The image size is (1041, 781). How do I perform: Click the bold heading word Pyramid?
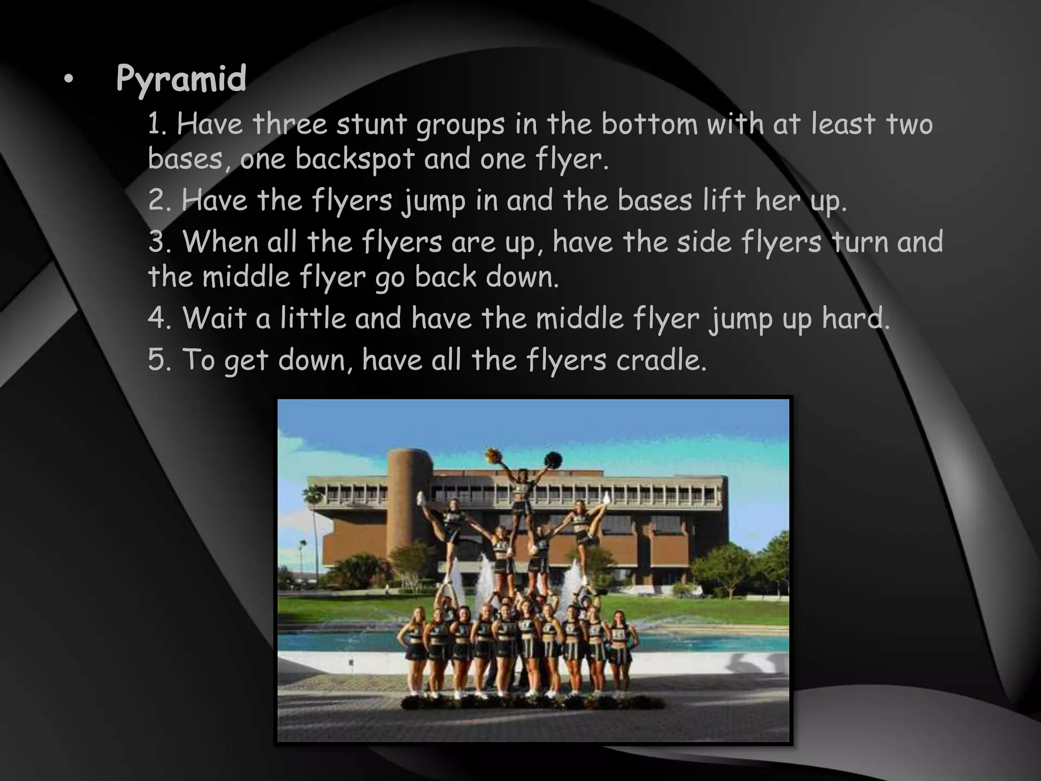[x=181, y=79]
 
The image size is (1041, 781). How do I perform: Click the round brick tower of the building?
[x=410, y=503]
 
